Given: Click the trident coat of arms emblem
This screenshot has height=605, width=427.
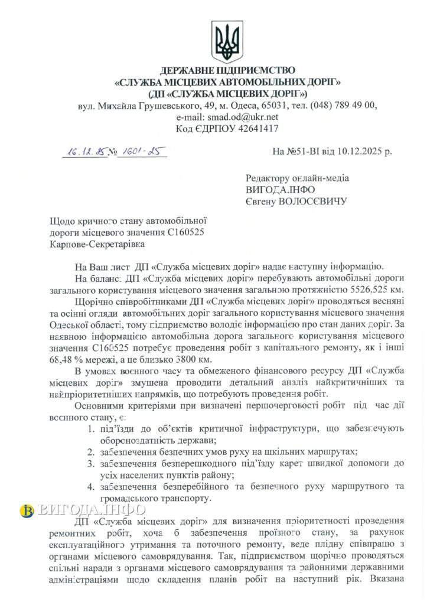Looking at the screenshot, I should pyautogui.click(x=227, y=42).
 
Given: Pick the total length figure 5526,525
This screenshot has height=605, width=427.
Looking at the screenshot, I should pyautogui.click(x=360, y=290).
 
